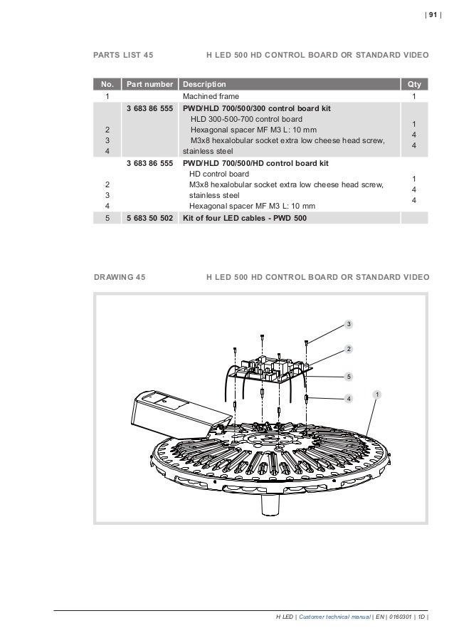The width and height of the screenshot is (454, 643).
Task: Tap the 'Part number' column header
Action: pos(149,85)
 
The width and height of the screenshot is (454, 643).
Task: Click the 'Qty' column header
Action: pos(414,85)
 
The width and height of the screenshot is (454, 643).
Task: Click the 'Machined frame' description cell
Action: pos(211,96)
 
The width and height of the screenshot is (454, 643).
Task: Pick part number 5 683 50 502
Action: pos(149,219)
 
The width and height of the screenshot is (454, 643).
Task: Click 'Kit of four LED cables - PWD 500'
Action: pos(245,219)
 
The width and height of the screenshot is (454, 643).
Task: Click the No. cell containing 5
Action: pos(107,219)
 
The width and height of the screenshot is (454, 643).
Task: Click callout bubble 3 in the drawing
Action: pos(349,325)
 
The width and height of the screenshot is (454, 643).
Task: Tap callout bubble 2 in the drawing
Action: pos(349,349)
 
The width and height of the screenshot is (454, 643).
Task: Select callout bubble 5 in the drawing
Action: pos(349,375)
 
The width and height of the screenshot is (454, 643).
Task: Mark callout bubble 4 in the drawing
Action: pos(349,399)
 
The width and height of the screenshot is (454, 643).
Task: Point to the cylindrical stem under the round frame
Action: pos(271,504)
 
